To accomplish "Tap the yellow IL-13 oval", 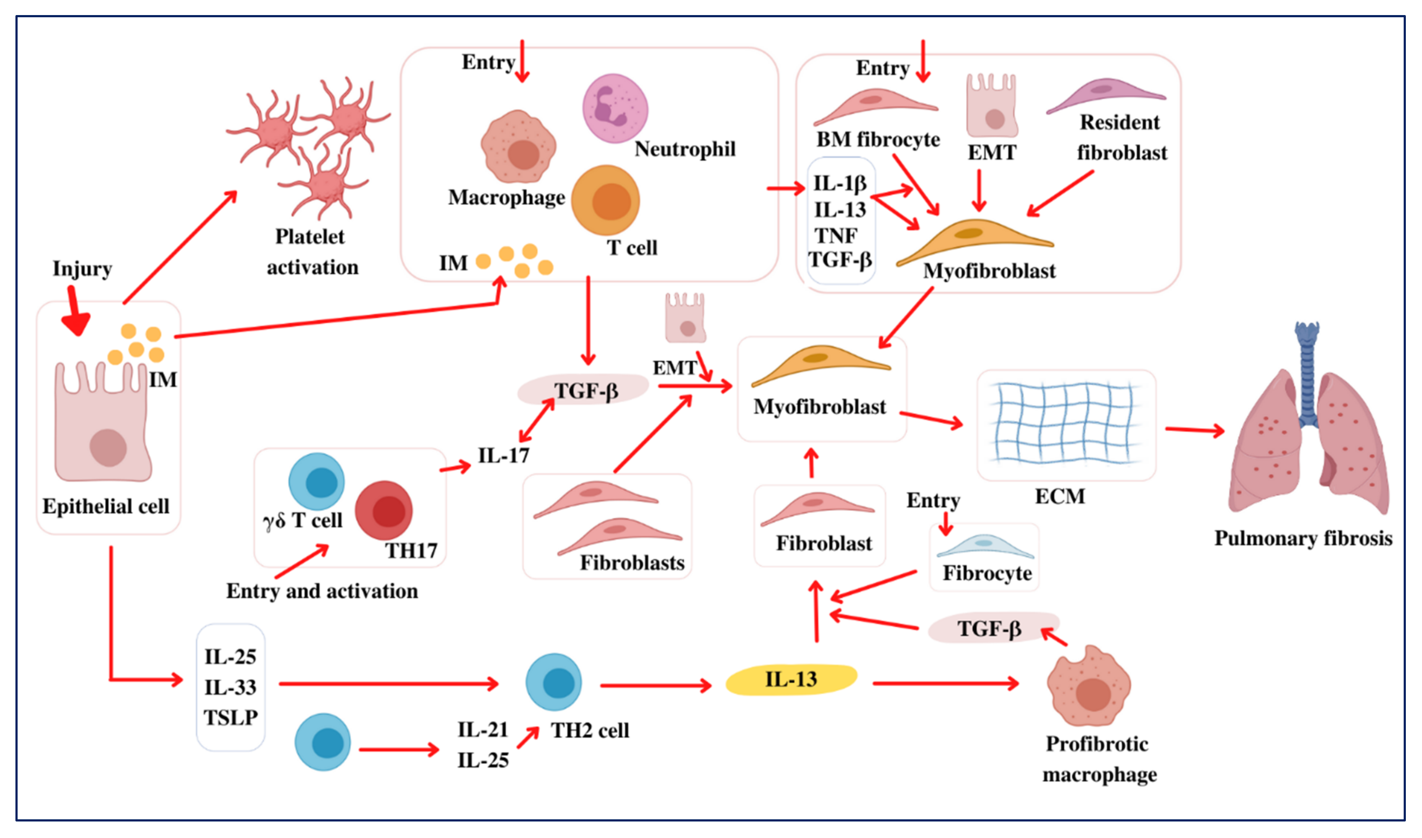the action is (791, 679).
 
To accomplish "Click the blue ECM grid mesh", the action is (1065, 423).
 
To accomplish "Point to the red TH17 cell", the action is (384, 510).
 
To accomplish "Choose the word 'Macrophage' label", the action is (506, 197).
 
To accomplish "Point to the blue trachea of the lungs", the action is (1307, 373).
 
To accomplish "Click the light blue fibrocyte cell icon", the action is (985, 547).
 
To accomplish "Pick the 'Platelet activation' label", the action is (312, 252).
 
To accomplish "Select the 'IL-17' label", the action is (503, 455).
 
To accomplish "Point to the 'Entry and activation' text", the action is (322, 591).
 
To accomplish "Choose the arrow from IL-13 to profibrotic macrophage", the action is (946, 684).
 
